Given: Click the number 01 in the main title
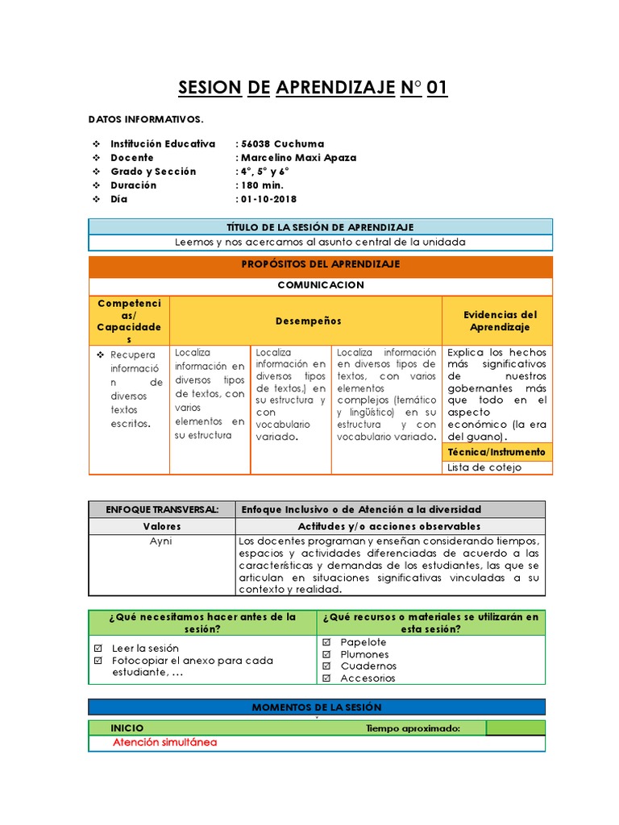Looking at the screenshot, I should pyautogui.click(x=437, y=88).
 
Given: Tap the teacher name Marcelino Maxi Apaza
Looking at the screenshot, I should pyautogui.click(x=298, y=158).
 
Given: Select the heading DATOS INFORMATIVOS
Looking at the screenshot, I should pyautogui.click(x=146, y=119).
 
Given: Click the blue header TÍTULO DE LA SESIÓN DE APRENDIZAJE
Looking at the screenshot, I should pyautogui.click(x=320, y=227).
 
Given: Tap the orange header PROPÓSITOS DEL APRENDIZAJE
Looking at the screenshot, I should pyautogui.click(x=320, y=264).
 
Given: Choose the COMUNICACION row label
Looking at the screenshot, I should pyautogui.click(x=320, y=285).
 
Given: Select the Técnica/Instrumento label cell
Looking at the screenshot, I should pyautogui.click(x=497, y=452).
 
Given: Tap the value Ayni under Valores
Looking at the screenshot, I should pyautogui.click(x=161, y=541).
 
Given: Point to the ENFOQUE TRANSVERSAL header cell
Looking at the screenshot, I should pyautogui.click(x=162, y=509).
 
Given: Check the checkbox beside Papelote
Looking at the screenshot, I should pyautogui.click(x=326, y=642).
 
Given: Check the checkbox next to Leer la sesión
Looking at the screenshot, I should pyautogui.click(x=98, y=648).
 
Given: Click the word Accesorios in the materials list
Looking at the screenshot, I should pyautogui.click(x=368, y=678).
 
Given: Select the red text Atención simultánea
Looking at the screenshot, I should pyautogui.click(x=164, y=743).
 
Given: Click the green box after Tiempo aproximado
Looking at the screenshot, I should pyautogui.click(x=515, y=728).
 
